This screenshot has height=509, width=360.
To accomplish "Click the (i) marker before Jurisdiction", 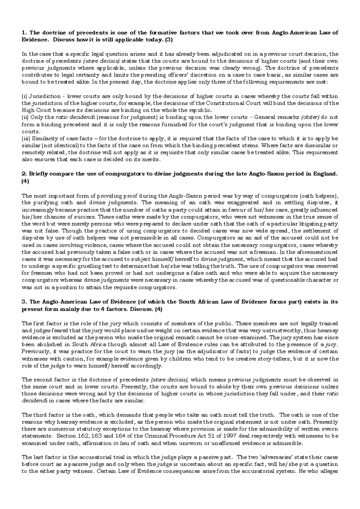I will pos(25,96).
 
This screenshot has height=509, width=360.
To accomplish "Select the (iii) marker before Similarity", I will pos(26,139).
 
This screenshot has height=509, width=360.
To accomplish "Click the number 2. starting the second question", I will pos(24,174).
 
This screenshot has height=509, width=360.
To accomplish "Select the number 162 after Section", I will pos(83,436).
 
